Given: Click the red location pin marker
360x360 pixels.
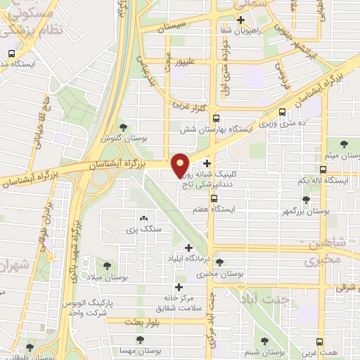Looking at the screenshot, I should coord(181,164).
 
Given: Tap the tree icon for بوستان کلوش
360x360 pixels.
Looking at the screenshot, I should coord(124,127).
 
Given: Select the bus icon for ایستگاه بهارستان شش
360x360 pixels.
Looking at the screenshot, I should coord(216,118).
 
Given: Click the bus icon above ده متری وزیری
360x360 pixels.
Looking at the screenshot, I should coord(283,112).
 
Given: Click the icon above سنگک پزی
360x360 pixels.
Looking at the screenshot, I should coord(143,219).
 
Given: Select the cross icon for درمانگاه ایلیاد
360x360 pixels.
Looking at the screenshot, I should coord(188,247).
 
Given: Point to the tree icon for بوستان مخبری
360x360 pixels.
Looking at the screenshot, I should coord(220,262).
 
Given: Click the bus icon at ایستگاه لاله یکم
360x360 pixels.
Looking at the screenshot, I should coord(323,169).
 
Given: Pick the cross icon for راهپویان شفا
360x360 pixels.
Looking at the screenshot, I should coord(241,19).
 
